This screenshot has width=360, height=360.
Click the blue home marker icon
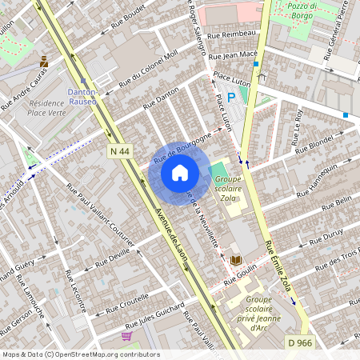[x=180, y=172]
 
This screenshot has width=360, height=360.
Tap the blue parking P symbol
[x=231, y=97]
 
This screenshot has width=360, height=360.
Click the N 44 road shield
[x=118, y=150]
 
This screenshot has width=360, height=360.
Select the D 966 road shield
[x=295, y=342]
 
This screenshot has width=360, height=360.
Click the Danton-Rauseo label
[x=82, y=97]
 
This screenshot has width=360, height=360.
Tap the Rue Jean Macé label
[x=232, y=56]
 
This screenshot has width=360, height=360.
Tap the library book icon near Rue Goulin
[x=236, y=260]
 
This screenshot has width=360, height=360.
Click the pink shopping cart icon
[x=126, y=335]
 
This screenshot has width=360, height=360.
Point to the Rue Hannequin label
[x=318, y=178]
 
